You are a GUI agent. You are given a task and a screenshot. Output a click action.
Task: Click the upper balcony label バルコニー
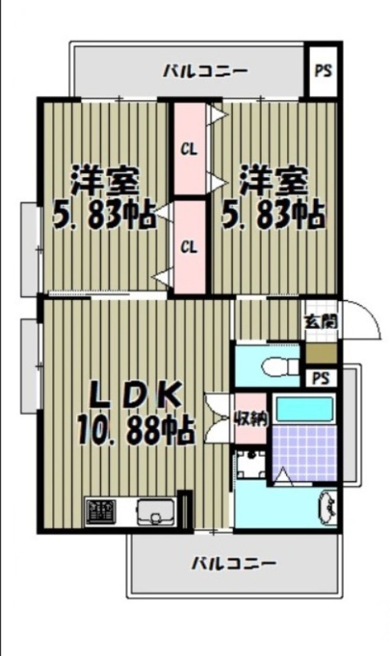(x=204, y=71)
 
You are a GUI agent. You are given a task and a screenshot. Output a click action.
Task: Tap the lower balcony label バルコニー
(x=234, y=563)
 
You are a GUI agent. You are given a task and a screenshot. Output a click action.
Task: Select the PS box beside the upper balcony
(x=323, y=70)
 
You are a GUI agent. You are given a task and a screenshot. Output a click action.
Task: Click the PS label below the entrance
(x=321, y=378)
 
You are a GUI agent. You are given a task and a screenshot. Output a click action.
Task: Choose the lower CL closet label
(x=189, y=246)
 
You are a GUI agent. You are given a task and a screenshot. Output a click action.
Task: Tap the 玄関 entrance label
(x=320, y=321)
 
